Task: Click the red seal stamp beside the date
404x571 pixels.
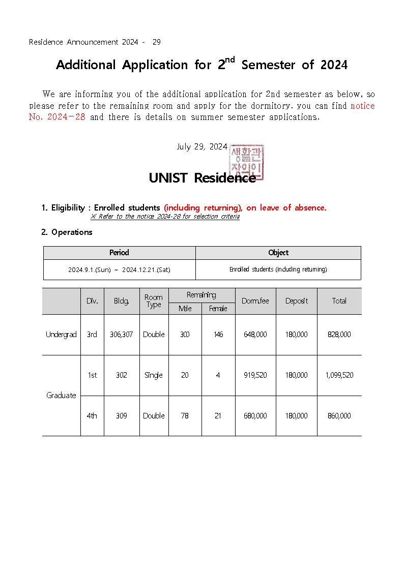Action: (x=247, y=162)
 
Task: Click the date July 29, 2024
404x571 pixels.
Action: (x=201, y=147)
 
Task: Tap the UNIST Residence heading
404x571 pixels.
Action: (x=202, y=178)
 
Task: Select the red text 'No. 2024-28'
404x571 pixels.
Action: (x=57, y=117)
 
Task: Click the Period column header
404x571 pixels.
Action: (x=119, y=253)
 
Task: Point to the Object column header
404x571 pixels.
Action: (x=278, y=253)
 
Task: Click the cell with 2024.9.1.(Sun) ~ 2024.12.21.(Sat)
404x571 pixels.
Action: (x=119, y=270)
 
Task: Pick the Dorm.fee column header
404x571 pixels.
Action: (x=255, y=301)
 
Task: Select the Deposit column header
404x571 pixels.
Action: (x=297, y=301)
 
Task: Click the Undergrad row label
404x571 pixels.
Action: (x=61, y=335)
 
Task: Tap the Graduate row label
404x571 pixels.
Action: (x=61, y=396)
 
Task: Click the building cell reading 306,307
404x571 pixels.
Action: (x=121, y=335)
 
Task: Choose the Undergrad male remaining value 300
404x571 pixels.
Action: (x=185, y=335)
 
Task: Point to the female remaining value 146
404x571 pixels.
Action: (x=218, y=335)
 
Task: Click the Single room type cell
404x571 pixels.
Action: (x=154, y=375)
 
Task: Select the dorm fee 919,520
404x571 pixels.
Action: (x=255, y=375)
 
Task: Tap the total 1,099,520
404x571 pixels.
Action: (x=339, y=375)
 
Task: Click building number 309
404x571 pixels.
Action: (x=121, y=416)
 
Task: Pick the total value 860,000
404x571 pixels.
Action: (x=339, y=416)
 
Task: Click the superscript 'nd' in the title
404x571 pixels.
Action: (x=230, y=60)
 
